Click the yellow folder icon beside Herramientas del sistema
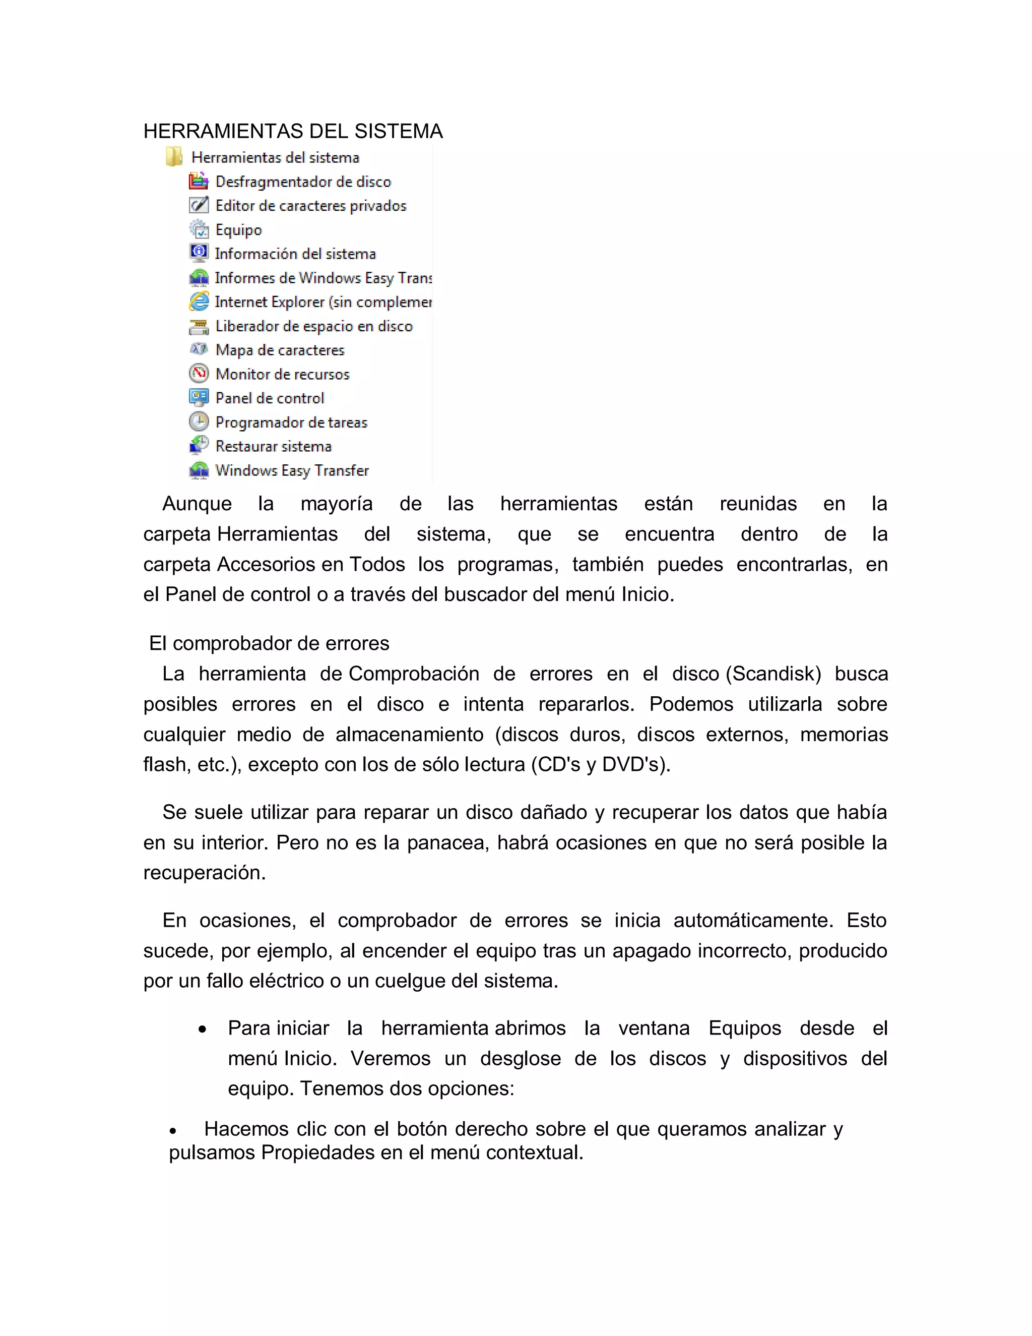click(174, 157)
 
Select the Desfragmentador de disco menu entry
click(303, 181)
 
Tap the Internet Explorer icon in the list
click(199, 301)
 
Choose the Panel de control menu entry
click(270, 398)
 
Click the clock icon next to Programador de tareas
click(199, 421)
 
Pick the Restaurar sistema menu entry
click(273, 447)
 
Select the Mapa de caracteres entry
click(280, 350)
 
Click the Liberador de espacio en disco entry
click(313, 326)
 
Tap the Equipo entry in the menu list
click(238, 230)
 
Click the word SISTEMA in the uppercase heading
click(399, 132)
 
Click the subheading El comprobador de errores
click(269, 643)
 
